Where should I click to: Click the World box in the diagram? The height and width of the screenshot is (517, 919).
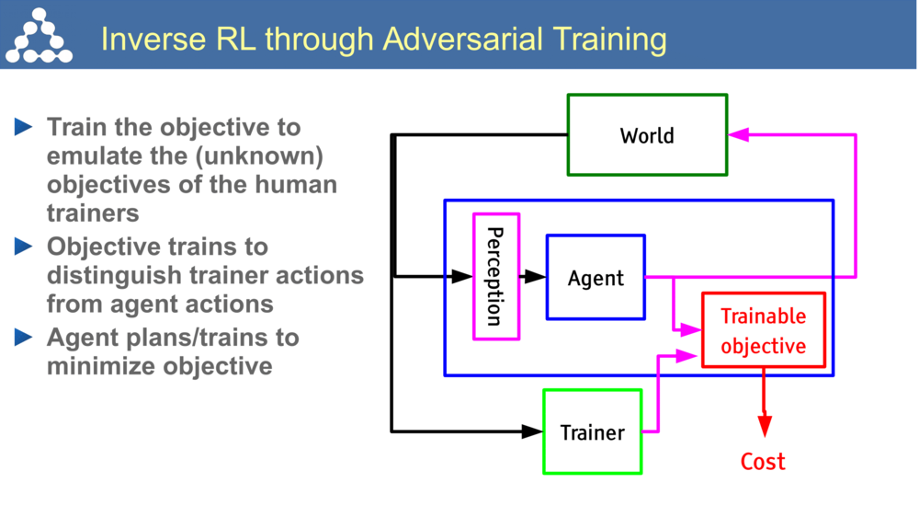point(647,135)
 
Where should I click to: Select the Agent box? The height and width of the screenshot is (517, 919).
point(596,277)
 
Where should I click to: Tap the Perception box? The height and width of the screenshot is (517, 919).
point(495,277)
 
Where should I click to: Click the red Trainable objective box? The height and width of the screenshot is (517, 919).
point(763,330)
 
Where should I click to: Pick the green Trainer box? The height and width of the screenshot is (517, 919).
point(592,431)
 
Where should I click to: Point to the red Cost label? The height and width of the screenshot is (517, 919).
point(764,461)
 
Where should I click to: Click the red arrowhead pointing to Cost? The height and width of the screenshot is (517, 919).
point(764,426)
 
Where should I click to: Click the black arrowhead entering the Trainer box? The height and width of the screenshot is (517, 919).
point(532,431)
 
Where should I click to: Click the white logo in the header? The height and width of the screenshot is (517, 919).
point(39,36)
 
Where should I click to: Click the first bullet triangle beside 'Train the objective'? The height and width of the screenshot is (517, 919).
point(25,127)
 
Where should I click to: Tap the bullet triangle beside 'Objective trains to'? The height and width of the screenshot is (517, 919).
point(25,247)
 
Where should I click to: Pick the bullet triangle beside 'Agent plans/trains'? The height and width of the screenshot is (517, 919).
point(25,337)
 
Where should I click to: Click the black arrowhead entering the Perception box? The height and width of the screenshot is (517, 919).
point(460,276)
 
